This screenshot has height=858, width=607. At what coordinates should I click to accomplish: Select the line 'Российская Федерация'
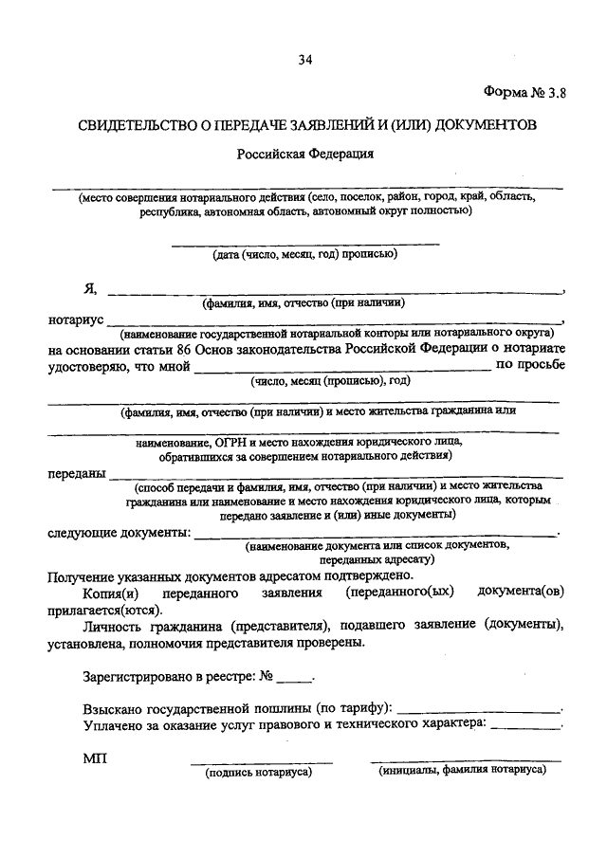[305, 152]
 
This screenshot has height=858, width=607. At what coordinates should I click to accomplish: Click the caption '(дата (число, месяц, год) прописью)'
[304, 253]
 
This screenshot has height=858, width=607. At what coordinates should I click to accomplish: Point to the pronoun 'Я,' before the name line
[90, 289]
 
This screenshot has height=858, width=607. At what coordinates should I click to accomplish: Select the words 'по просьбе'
[530, 363]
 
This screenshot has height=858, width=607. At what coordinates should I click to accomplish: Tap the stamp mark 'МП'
[96, 758]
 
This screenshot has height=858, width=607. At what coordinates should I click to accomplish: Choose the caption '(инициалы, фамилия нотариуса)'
[463, 771]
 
